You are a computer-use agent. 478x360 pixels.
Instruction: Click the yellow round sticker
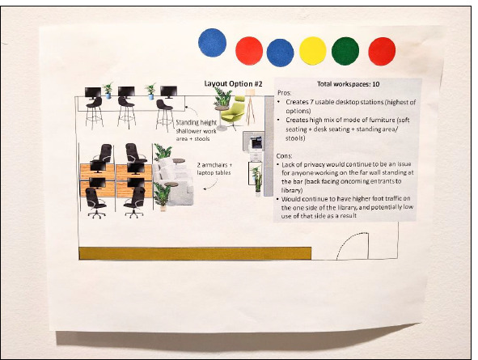pyautogui.click(x=313, y=51)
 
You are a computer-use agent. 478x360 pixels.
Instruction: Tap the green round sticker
pyautogui.click(x=345, y=51)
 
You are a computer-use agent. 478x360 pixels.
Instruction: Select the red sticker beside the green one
pyautogui.click(x=382, y=51)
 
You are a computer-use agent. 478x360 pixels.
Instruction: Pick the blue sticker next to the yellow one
pyautogui.click(x=280, y=53)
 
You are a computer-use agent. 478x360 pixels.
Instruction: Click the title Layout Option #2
pyautogui.click(x=233, y=84)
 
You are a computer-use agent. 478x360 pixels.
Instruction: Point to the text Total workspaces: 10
pyautogui.click(x=349, y=84)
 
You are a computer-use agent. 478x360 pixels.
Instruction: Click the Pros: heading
pyautogui.click(x=285, y=93)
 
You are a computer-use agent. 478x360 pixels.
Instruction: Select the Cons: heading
pyautogui.click(x=284, y=156)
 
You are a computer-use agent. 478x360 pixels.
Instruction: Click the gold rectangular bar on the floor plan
pyautogui.click(x=195, y=253)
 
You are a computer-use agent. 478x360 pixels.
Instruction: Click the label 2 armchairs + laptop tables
pyautogui.click(x=214, y=169)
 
